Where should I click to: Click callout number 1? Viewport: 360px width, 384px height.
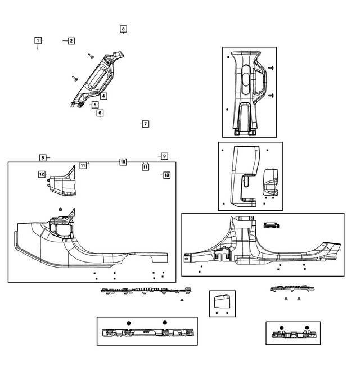pos(38,40)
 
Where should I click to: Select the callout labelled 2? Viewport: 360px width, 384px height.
pos(71,40)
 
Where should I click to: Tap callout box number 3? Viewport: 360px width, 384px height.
pos(123,29)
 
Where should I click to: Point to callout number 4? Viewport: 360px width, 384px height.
pos(104,96)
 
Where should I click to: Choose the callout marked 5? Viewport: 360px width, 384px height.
pos(95,105)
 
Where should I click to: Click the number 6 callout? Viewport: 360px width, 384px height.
pos(100,113)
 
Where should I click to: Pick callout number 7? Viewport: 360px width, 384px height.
pos(145,124)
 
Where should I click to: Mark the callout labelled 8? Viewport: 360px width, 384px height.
pos(42,157)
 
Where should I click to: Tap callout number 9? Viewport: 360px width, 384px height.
pos(164,156)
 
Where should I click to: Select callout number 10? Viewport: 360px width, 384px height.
pos(123,162)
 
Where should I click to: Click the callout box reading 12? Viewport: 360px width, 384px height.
pos(42,174)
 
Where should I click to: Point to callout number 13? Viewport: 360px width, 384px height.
pos(166,175)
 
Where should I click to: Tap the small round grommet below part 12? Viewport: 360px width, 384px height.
pos(61,209)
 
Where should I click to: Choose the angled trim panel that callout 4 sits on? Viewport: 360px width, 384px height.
pos(98,79)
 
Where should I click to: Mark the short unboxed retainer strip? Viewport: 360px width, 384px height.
pos(289,289)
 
